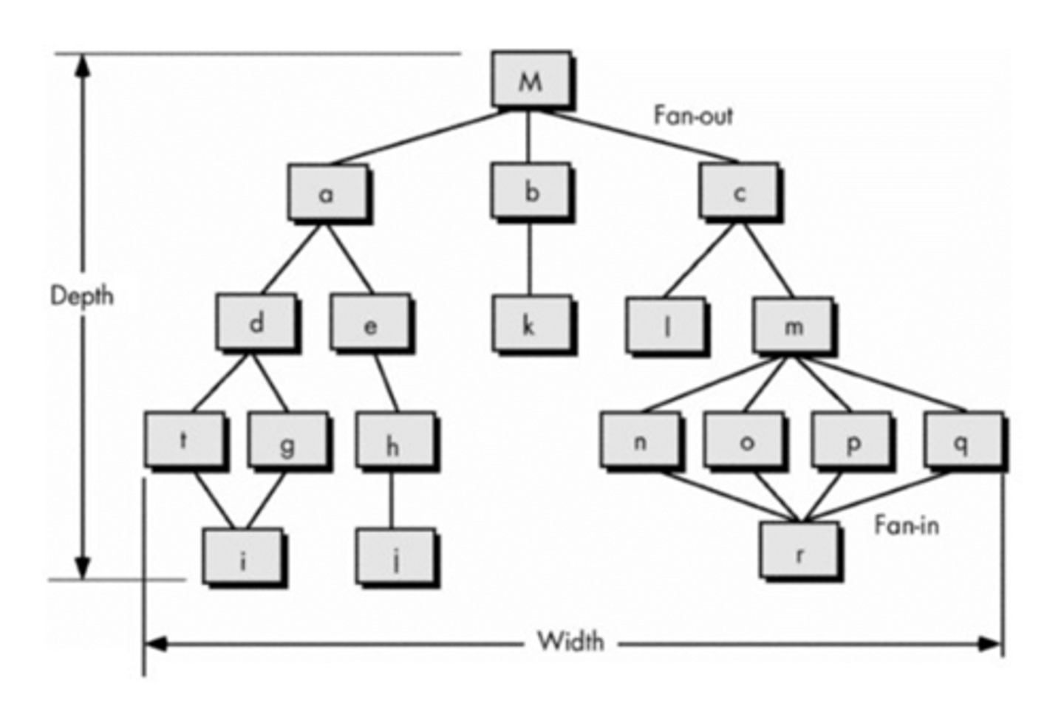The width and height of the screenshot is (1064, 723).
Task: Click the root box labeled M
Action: click(x=530, y=79)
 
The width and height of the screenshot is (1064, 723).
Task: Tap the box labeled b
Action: click(x=530, y=191)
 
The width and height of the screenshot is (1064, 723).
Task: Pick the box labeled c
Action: click(x=738, y=192)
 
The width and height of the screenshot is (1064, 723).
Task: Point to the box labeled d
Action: click(x=256, y=323)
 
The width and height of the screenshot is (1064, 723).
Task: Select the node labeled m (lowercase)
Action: click(x=792, y=325)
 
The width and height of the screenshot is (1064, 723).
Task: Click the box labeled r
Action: click(x=799, y=552)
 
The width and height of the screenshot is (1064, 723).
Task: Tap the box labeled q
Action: click(x=963, y=441)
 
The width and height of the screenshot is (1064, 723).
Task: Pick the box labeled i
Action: click(x=242, y=557)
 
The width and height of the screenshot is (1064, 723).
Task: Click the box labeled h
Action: click(x=394, y=442)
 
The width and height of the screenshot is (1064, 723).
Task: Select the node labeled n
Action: click(x=639, y=441)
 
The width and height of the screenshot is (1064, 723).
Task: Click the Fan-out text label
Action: click(x=692, y=116)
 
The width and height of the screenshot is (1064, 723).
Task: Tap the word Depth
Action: click(x=81, y=295)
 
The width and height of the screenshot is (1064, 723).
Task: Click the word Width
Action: click(x=570, y=640)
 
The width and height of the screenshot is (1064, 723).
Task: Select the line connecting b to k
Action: click(x=529, y=258)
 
